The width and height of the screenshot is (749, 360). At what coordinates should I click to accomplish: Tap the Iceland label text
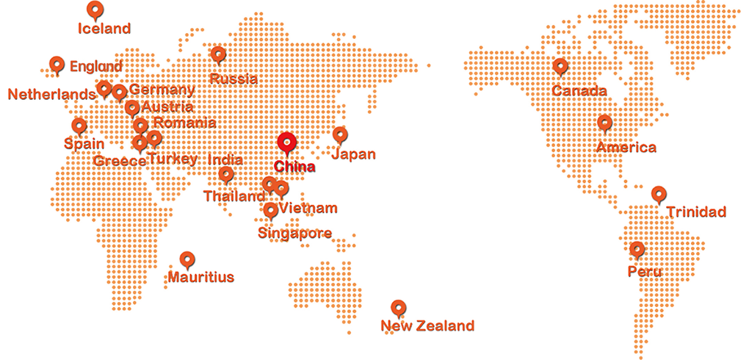point(104,29)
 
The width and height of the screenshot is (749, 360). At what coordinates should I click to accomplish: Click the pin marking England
point(57,65)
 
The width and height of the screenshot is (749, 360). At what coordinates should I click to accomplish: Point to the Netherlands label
point(51,94)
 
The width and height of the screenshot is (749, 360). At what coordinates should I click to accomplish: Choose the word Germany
point(162,90)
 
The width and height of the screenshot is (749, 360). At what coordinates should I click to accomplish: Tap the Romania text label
point(184,123)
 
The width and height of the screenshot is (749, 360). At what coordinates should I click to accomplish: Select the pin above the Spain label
point(79,126)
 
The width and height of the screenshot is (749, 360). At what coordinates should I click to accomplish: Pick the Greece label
point(120,161)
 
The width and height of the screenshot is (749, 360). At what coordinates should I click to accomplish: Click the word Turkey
point(173,159)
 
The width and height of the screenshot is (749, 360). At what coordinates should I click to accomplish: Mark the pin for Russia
point(218,54)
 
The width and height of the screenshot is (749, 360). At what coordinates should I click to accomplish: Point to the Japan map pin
point(339,134)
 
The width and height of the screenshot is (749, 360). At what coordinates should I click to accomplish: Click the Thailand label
point(234,197)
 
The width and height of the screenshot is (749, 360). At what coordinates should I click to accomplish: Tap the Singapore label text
point(294,234)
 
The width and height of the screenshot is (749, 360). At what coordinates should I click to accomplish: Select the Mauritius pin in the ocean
point(187,259)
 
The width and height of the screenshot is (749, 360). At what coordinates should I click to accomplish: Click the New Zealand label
point(427,326)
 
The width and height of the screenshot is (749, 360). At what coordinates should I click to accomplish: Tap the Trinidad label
point(696,212)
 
